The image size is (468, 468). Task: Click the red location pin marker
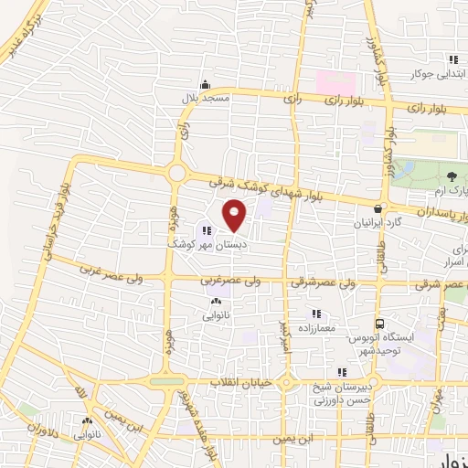pos(235,214)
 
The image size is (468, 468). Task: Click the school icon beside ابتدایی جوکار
pos(451,60)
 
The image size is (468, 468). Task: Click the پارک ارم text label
pos(435,190)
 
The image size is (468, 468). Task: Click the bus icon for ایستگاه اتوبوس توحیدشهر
pos(378,324)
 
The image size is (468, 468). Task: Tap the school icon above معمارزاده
pos(317,314)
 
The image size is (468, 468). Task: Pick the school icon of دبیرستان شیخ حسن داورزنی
pos(342,372)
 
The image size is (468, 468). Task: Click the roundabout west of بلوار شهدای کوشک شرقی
pos(176,173)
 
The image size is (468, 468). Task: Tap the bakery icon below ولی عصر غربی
pos(216,302)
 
